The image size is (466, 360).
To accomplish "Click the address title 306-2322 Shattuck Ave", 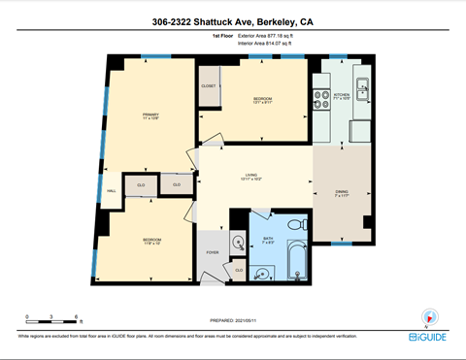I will click(233, 21).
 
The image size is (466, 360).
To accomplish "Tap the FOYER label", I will click(212, 252).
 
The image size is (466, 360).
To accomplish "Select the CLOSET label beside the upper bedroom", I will click(209, 86).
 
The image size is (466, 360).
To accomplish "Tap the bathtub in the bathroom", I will click(291, 269).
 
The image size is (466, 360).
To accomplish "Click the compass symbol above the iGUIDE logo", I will click(428, 316).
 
